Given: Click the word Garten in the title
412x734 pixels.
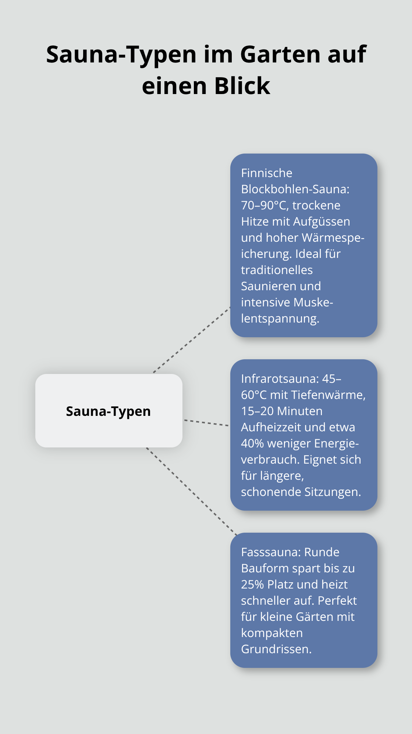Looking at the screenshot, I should pyautogui.click(x=278, y=54).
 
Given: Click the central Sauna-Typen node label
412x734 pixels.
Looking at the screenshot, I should pyautogui.click(x=109, y=411).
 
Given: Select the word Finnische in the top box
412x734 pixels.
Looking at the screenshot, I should pyautogui.click(x=267, y=173).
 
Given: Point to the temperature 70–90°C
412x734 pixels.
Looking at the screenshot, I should pyautogui.click(x=264, y=205).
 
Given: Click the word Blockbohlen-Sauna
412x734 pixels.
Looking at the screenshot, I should pyautogui.click(x=295, y=189).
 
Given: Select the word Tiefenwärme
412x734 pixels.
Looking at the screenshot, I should pyautogui.click(x=328, y=395).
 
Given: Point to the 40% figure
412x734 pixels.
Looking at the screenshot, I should pyautogui.click(x=252, y=443).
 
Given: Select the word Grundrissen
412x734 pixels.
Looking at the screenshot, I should pyautogui.click(x=276, y=649).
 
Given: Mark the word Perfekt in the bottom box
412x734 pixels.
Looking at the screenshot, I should pyautogui.click(x=337, y=601).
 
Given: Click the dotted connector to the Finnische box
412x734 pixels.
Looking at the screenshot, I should pyautogui.click(x=191, y=340).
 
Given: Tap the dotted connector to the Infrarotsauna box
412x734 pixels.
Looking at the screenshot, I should pyautogui.click(x=206, y=423).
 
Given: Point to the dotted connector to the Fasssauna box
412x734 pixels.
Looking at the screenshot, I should pyautogui.click(x=191, y=490).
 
